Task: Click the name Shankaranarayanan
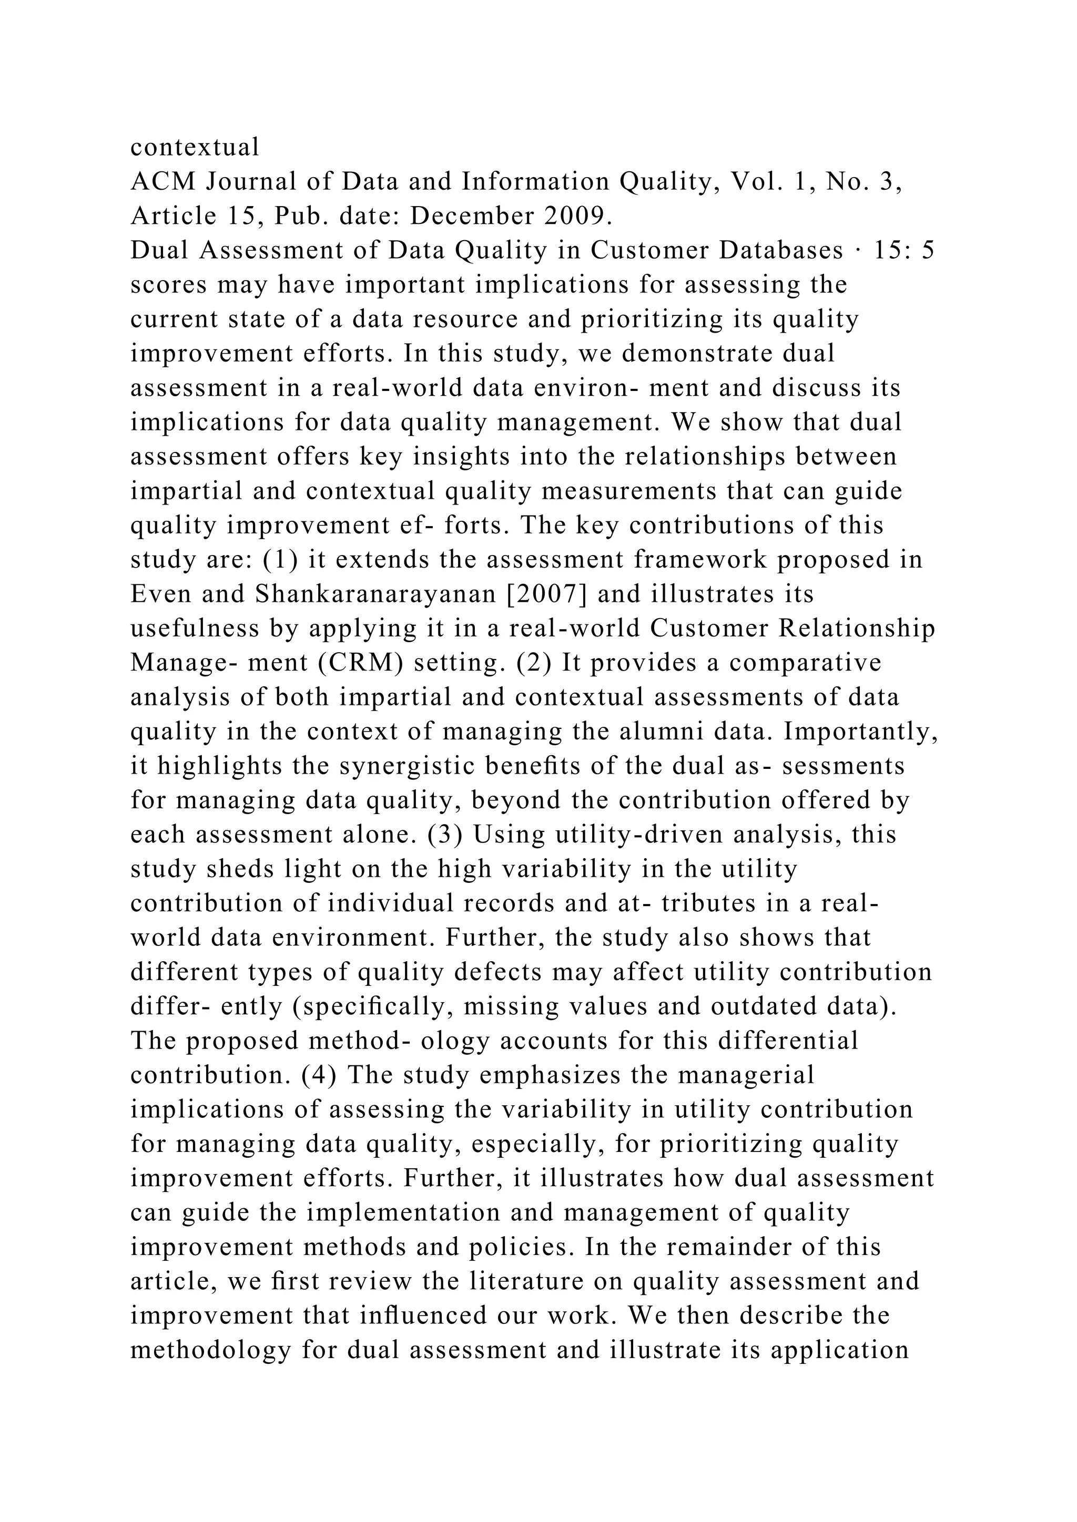375,593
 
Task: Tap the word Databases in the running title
781,251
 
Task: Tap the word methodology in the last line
211,1350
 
